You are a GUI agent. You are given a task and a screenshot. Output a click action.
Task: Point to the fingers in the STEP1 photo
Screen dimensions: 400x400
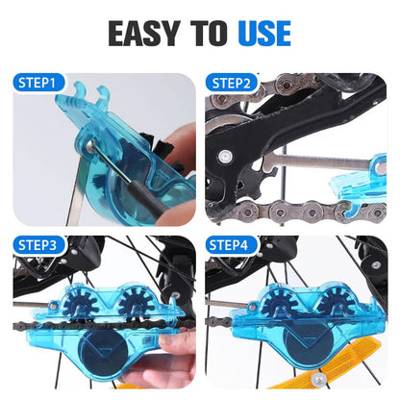(173, 207)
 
